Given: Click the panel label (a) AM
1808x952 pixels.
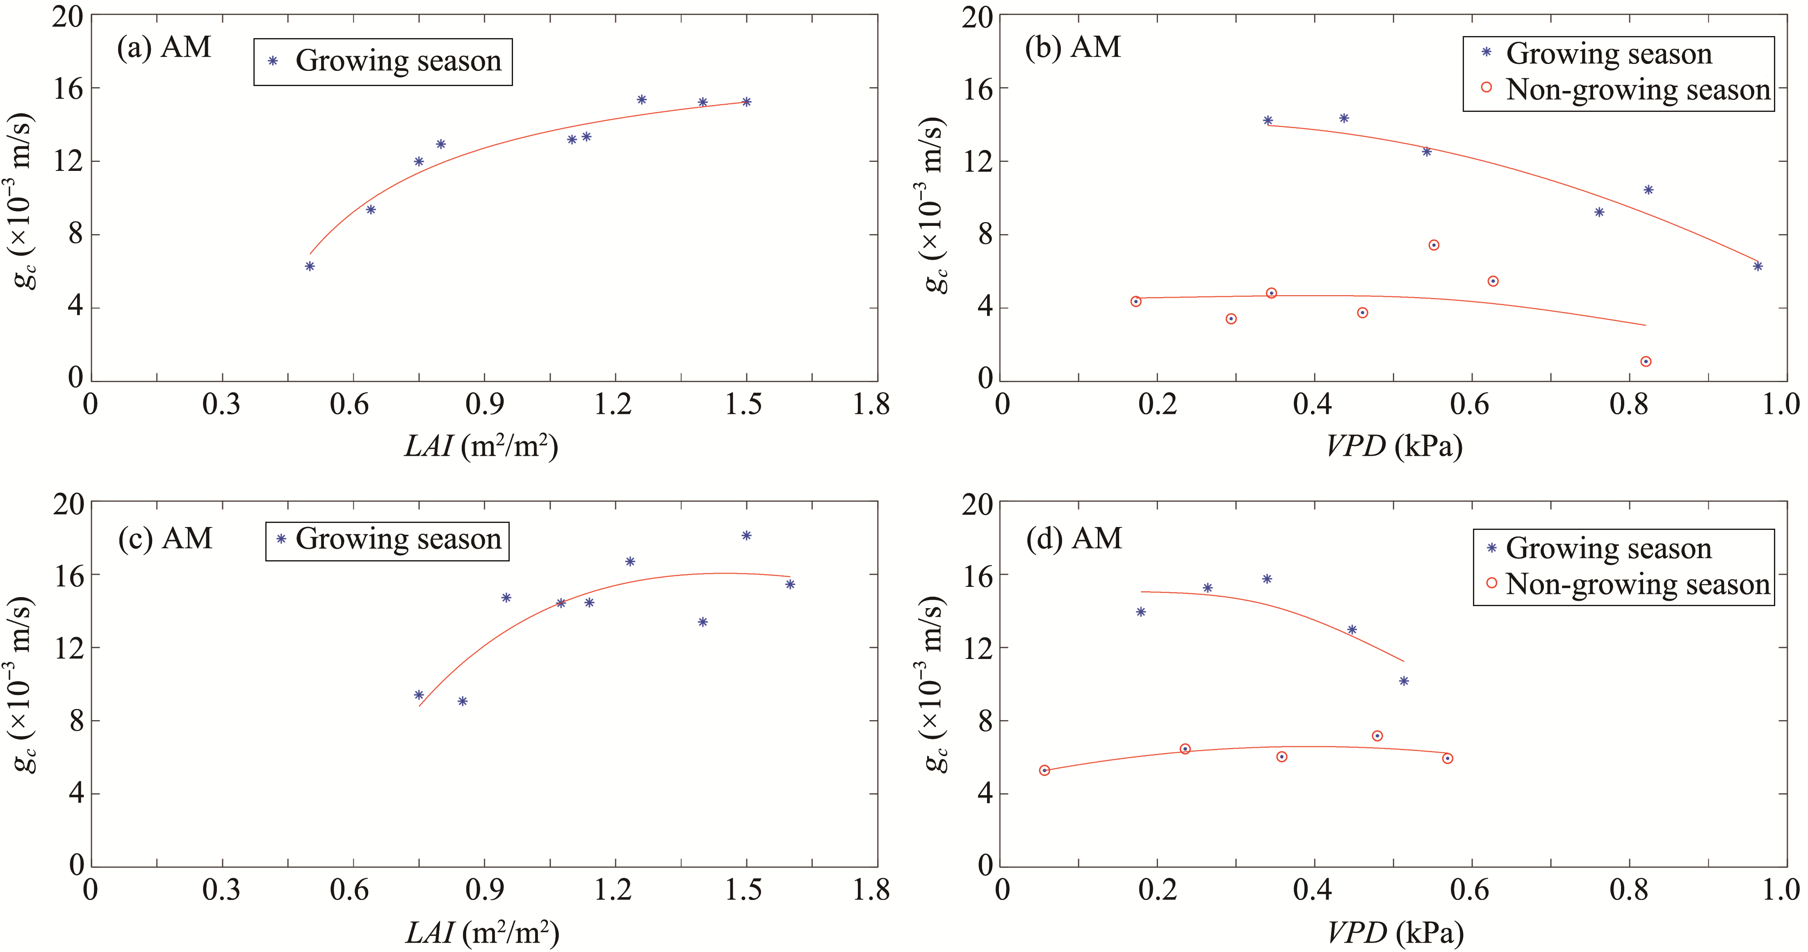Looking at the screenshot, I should pos(164,48).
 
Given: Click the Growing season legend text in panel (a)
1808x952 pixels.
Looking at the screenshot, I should pos(398,61).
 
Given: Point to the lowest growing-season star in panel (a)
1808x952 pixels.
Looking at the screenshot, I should pos(310,266).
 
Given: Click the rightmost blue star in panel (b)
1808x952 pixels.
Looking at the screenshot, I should pos(1758,266).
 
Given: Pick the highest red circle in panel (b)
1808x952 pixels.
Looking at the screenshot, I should pos(1434,245).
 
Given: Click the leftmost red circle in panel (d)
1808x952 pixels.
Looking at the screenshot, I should pos(1044,770).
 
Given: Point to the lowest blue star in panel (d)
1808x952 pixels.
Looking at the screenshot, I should pos(1404,681).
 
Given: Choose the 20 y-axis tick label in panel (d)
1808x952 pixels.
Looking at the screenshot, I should pos(977,504).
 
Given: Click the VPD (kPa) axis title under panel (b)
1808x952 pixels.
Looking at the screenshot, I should pos(1394,446).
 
